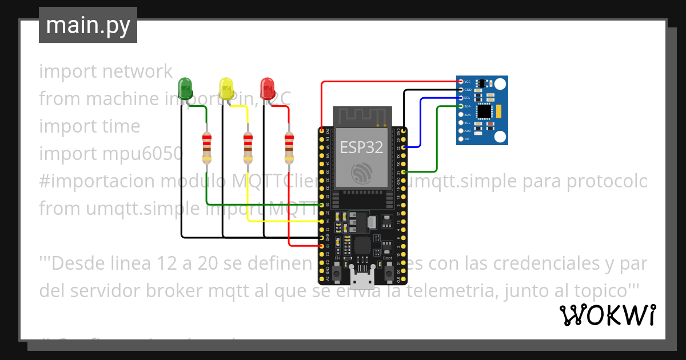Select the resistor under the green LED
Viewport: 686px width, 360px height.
(207, 146)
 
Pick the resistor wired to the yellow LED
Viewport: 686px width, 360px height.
(248, 146)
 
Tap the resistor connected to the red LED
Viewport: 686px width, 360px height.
(289, 146)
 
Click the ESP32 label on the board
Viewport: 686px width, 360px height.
(362, 147)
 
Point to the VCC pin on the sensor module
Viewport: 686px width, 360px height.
(461, 82)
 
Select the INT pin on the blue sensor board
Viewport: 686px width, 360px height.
(461, 139)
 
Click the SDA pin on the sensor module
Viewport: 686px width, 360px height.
(461, 106)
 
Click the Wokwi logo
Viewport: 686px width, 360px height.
(607, 315)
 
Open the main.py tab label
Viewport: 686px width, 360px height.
(88, 25)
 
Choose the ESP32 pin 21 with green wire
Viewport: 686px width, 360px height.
(404, 171)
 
